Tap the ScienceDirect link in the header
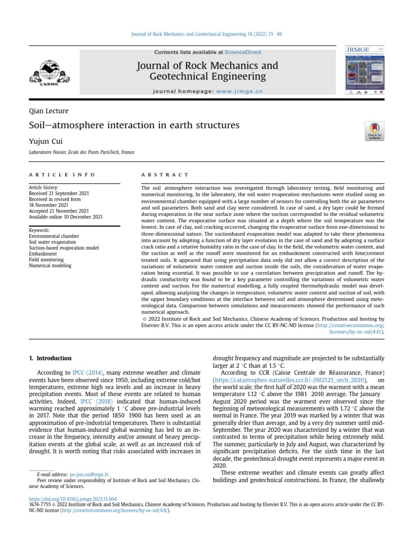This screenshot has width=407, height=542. [x=243, y=52]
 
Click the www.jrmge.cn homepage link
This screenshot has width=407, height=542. [x=232, y=91]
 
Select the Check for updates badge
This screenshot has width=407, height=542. [x=375, y=131]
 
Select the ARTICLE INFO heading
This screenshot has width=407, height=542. [x=62, y=174]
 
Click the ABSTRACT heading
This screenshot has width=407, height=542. [x=164, y=174]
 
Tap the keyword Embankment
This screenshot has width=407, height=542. [x=42, y=254]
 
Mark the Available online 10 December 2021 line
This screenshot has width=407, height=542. [x=66, y=216]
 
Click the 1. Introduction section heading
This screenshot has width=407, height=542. [x=50, y=358]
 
